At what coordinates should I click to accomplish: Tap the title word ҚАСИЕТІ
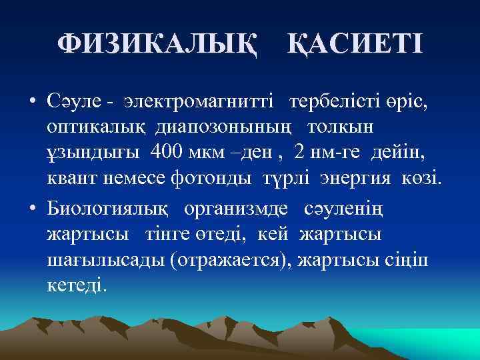(x=355, y=45)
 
